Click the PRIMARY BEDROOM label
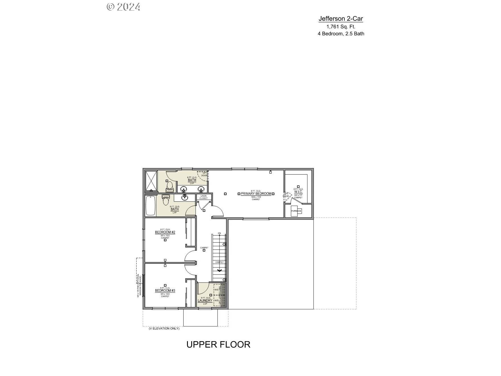pyautogui.click(x=256, y=194)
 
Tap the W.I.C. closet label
pyautogui.click(x=298, y=192)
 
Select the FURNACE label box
pyautogui.click(x=296, y=211)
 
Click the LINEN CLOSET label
pyautogui.click(x=204, y=197)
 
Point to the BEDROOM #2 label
pyautogui.click(x=165, y=232)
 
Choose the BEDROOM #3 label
pyautogui.click(x=165, y=291)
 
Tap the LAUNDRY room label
pyautogui.click(x=205, y=301)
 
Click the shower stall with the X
pyautogui.click(x=151, y=181)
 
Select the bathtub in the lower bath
pyautogui.click(x=150, y=206)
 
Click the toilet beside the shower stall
pyautogui.click(x=170, y=186)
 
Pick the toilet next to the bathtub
pyautogui.click(x=165, y=200)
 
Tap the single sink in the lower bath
pyautogui.click(x=184, y=197)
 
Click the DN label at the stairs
pyautogui.click(x=219, y=233)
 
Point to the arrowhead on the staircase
pyautogui.click(x=219, y=270)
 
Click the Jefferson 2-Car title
pyautogui.click(x=341, y=19)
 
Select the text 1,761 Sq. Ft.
pyautogui.click(x=341, y=27)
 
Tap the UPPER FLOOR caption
pyautogui.click(x=218, y=344)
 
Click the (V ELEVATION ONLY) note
pyautogui.click(x=164, y=328)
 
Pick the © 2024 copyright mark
pyautogui.click(x=124, y=7)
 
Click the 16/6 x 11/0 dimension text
pyautogui.click(x=256, y=197)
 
